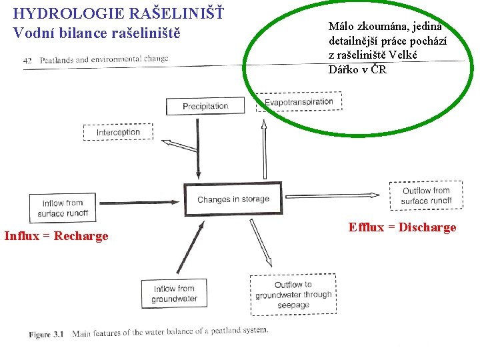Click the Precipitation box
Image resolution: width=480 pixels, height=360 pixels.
205,106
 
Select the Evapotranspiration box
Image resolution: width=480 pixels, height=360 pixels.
299,102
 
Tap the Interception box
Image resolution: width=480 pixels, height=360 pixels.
118,133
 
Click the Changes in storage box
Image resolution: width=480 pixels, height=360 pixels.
233,199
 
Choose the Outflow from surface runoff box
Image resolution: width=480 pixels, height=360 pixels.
426,195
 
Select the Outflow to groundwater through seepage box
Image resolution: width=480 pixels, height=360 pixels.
293,294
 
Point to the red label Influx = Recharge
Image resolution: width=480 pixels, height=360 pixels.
56,236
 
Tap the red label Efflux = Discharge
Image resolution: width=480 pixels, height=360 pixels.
402,227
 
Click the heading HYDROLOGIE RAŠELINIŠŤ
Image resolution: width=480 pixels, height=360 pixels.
119,13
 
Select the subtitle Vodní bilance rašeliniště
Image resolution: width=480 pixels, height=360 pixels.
96,32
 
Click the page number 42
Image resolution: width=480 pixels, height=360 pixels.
27,60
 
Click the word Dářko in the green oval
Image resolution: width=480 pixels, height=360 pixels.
346,69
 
